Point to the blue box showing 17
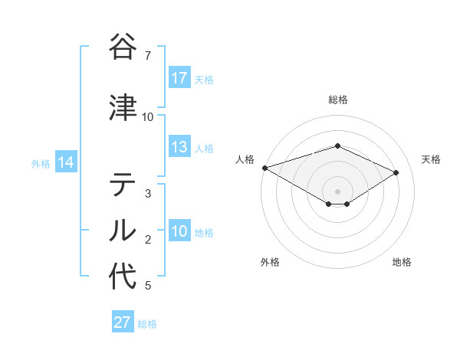coord(179,78)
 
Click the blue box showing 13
coord(179,148)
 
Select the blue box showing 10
coord(179,232)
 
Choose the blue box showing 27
coord(123,322)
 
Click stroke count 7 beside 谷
coord(148,56)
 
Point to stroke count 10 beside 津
coord(148,117)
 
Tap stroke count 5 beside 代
coord(148,286)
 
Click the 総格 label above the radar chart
coord(338,100)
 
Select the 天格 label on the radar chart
coord(432,159)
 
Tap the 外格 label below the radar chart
coord(270,263)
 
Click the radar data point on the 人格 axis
coord(264,167)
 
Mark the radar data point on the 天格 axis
coord(396,172)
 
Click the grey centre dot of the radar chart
coord(338,191)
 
